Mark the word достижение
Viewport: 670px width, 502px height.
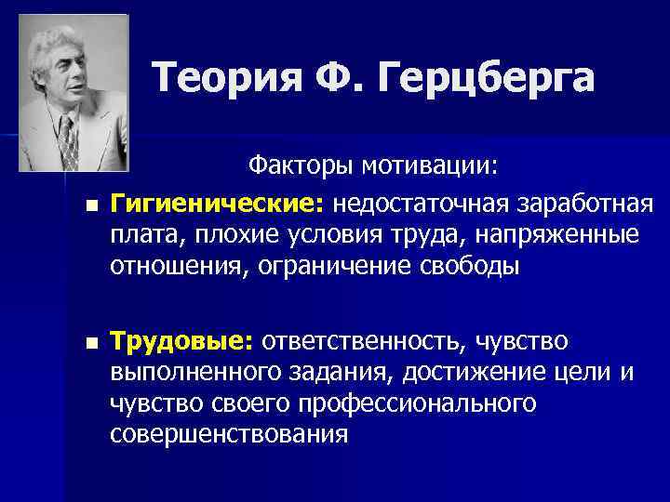coord(442,374)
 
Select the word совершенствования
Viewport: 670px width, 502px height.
coord(229,434)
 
